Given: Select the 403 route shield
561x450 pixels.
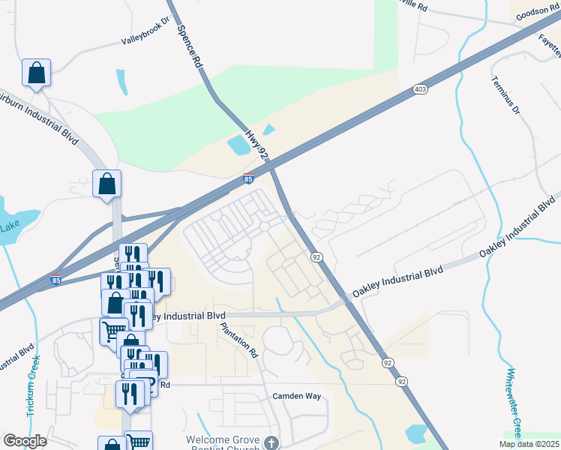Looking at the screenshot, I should coord(419,90).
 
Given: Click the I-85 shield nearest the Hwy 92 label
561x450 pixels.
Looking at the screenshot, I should coord(249,178).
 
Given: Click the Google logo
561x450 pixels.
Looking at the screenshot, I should coord(25,441).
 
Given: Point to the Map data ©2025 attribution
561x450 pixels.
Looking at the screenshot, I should coord(528,444).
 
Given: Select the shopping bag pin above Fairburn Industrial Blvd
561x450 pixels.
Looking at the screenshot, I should coord(36,73).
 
